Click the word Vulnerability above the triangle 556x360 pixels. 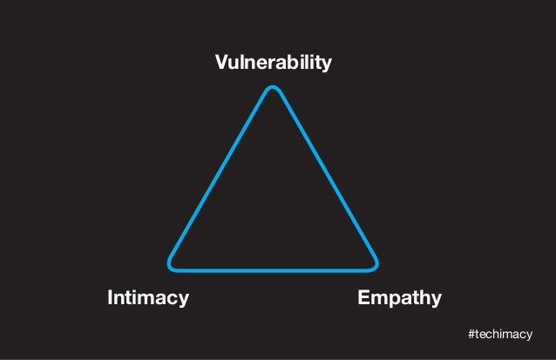click(x=273, y=64)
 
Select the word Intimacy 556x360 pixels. click(x=147, y=298)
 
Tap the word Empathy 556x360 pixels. click(x=399, y=299)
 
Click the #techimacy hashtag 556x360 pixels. click(x=500, y=335)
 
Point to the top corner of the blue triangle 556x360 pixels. click(x=274, y=88)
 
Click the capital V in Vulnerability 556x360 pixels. click(x=221, y=63)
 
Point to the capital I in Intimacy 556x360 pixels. click(x=110, y=298)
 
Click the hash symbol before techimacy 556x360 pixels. click(x=471, y=335)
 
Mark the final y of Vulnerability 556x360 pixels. click(x=327, y=65)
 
